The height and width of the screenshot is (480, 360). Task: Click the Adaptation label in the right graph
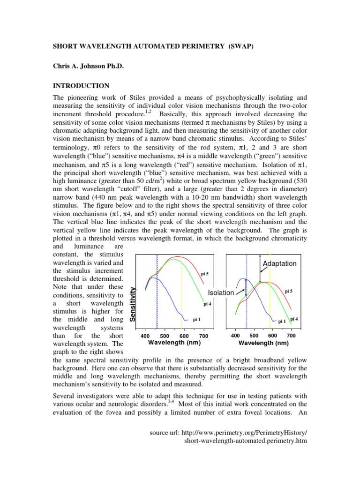279,263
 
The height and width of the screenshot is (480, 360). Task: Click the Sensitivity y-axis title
133,303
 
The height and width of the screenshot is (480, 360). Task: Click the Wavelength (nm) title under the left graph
174,343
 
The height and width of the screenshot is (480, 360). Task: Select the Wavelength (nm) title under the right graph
263,343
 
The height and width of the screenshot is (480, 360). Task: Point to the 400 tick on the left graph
145,336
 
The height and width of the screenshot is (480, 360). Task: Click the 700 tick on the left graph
203,336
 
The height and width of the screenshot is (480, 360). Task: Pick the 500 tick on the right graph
254,336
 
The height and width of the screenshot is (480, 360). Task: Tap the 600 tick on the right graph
272,336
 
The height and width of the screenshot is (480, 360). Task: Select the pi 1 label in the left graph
197,320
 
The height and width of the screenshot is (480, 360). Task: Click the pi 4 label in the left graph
207,304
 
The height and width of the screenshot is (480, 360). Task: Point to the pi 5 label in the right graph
289,291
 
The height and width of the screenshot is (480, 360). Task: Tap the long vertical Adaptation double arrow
260,268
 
